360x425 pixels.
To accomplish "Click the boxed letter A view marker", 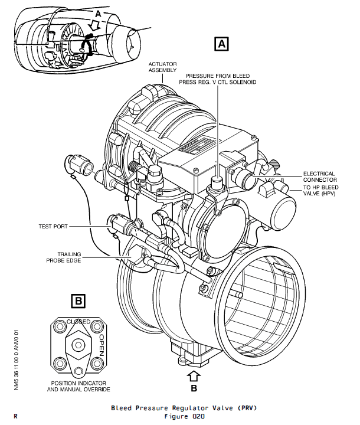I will click(x=221, y=44).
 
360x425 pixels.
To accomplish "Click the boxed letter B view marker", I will click(x=78, y=301).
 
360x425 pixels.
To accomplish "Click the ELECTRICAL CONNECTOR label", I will click(x=320, y=176).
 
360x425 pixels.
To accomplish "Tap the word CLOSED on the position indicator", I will click(x=78, y=322).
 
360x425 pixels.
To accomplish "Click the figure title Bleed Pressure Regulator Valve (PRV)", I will click(x=184, y=408).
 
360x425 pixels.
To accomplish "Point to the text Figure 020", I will click(x=184, y=416).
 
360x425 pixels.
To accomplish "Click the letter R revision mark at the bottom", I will click(x=15, y=416).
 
